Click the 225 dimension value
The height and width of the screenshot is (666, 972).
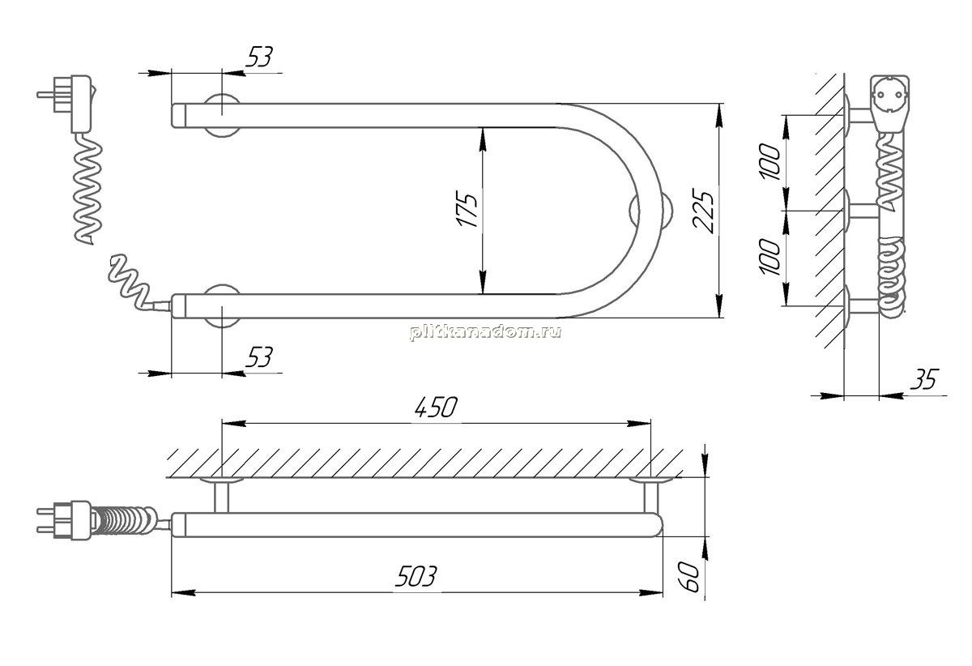pos(703,211)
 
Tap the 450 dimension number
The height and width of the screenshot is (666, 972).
pos(436,408)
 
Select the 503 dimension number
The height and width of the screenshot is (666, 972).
pos(416,576)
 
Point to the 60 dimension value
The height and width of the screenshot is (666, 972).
pos(690,577)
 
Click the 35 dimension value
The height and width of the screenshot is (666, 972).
pos(924,379)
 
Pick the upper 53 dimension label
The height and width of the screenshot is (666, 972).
pos(259,57)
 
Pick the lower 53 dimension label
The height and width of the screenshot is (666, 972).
pos(259,356)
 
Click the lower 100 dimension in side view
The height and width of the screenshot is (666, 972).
pos(770,256)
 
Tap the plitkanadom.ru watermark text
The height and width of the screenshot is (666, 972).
pos(485,332)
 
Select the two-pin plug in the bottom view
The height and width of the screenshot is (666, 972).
pos(65,520)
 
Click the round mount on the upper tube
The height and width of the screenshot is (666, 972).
pos(222,116)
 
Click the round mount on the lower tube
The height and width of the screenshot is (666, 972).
pos(222,305)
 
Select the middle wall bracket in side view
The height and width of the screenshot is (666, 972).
pos(861,211)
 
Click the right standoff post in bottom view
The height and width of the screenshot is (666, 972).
pos(650,495)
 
